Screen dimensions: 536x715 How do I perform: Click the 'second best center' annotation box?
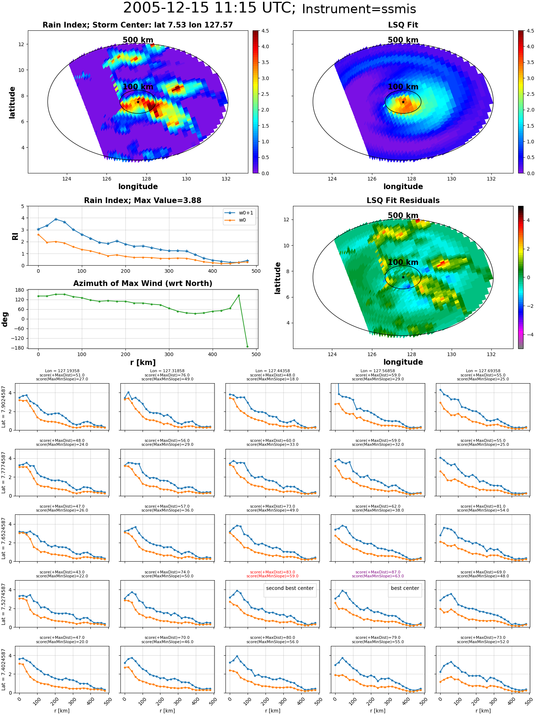[290, 590]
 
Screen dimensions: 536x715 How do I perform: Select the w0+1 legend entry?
[239, 213]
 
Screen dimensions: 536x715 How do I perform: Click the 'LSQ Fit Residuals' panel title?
[403, 201]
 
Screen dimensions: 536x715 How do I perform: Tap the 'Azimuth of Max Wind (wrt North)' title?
[143, 283]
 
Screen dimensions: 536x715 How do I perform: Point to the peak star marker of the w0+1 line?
[56, 219]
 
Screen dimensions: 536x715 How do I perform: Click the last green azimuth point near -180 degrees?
[247, 346]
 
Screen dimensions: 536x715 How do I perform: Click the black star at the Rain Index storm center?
[138, 102]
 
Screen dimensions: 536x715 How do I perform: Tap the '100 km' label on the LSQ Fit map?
[403, 87]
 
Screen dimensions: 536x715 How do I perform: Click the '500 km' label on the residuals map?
[403, 216]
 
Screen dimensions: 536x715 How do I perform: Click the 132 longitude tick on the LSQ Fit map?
[491, 179]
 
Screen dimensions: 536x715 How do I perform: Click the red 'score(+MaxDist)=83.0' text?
[272, 572]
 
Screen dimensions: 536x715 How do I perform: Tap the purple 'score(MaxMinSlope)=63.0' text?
[378, 576]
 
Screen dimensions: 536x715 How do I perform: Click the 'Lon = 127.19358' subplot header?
[62, 371]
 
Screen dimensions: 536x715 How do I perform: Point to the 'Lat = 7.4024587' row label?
[4, 670]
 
